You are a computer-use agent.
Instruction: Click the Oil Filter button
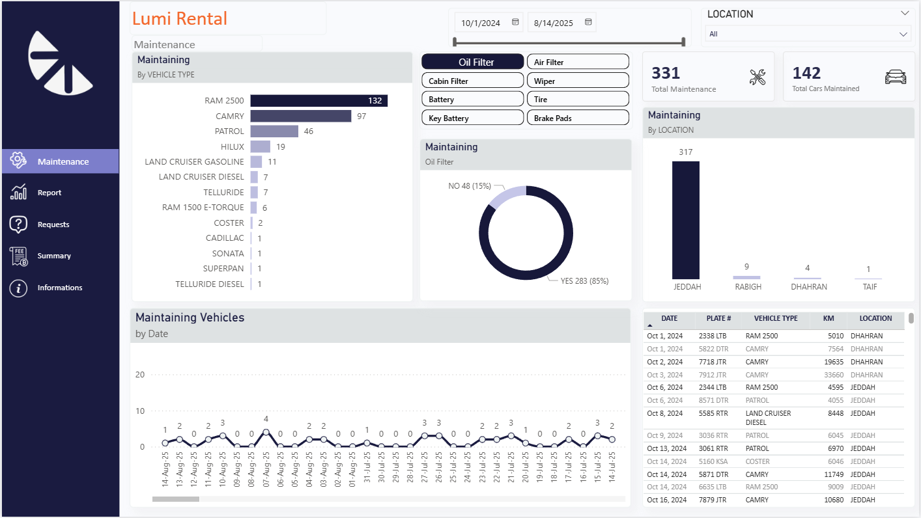[x=472, y=62]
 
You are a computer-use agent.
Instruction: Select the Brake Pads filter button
[x=577, y=118]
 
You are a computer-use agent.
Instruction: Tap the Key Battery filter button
[x=472, y=118]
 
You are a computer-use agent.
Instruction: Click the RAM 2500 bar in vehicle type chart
[x=319, y=101]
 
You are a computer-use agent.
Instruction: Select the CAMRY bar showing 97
[x=300, y=116]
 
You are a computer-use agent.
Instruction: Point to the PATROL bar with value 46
[x=274, y=131]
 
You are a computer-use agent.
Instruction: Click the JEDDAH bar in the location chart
[x=685, y=220]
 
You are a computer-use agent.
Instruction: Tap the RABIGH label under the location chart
[x=748, y=287]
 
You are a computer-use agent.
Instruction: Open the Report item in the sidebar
[x=50, y=193]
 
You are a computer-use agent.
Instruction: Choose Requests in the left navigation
[x=53, y=225]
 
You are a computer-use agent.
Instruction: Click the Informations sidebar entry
[x=60, y=288]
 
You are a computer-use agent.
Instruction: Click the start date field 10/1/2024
[x=481, y=23]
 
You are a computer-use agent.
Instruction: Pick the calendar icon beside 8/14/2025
[x=588, y=22]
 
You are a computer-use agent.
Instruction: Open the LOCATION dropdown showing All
[x=808, y=34]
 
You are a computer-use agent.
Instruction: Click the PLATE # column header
[x=719, y=319]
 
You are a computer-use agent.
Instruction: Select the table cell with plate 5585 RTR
[x=713, y=413]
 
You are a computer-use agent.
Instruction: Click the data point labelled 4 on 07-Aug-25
[x=266, y=432]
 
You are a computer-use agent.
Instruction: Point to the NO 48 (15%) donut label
[x=469, y=186]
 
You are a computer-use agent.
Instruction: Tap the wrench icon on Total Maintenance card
[x=757, y=77]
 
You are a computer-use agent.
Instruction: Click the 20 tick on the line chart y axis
[x=140, y=375]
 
